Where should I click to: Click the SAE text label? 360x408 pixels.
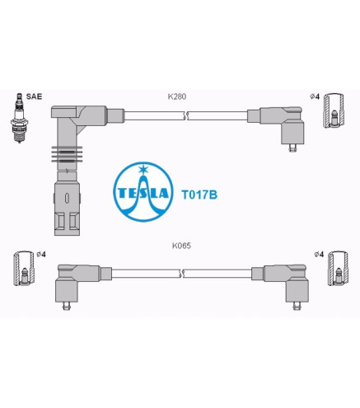pyautogui.click(x=34, y=96)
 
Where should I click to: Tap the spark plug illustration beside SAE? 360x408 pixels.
pyautogui.click(x=19, y=118)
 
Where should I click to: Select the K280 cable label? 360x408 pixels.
pyautogui.click(x=177, y=96)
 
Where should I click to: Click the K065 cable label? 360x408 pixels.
pyautogui.click(x=181, y=246)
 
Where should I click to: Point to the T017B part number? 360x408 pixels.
pyautogui.click(x=199, y=195)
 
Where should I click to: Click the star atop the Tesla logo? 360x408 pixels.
pyautogui.click(x=143, y=169)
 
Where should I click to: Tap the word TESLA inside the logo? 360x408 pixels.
pyautogui.click(x=143, y=193)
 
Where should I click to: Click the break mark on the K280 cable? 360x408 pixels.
pyautogui.click(x=186, y=116)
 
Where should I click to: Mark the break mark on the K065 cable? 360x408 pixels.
pyautogui.click(x=181, y=274)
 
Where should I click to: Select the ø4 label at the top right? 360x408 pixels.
pyautogui.click(x=315, y=96)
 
